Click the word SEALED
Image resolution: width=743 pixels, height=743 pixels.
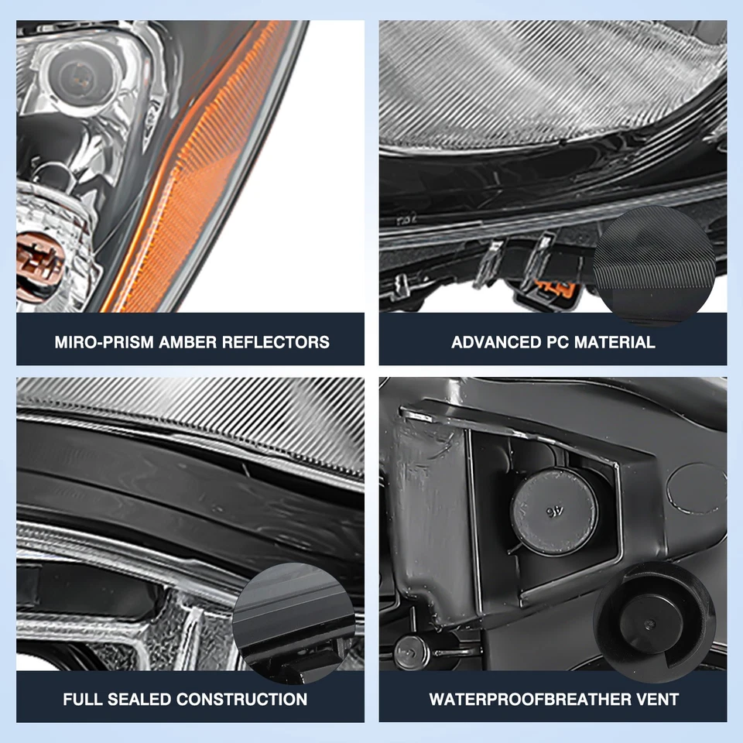pyautogui.click(x=138, y=700)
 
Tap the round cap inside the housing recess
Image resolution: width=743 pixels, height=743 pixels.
pyautogui.click(x=553, y=512)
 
